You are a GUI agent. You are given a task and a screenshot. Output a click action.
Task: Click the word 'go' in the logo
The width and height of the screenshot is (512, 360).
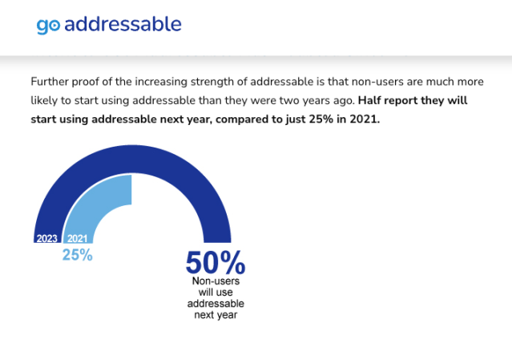click(x=47, y=26)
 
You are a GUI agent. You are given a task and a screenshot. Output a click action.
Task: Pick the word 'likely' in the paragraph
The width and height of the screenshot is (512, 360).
click(x=46, y=101)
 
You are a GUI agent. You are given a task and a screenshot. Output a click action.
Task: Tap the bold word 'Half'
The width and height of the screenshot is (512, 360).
click(x=374, y=101)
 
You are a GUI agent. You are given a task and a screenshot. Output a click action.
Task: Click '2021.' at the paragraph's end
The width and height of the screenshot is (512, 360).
click(x=363, y=120)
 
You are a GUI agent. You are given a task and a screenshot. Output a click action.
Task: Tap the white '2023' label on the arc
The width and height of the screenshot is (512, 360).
click(x=46, y=239)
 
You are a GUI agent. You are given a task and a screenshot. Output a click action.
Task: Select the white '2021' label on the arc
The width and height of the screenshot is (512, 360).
click(x=77, y=239)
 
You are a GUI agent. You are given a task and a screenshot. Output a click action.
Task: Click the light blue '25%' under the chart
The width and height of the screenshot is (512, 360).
click(x=78, y=255)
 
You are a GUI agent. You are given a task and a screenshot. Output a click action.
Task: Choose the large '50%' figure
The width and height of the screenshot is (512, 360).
click(x=215, y=263)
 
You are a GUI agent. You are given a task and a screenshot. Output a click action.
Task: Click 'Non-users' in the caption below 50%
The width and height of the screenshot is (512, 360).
click(x=215, y=281)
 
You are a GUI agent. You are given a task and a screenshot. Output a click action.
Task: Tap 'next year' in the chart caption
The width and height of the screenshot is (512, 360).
click(x=215, y=315)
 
